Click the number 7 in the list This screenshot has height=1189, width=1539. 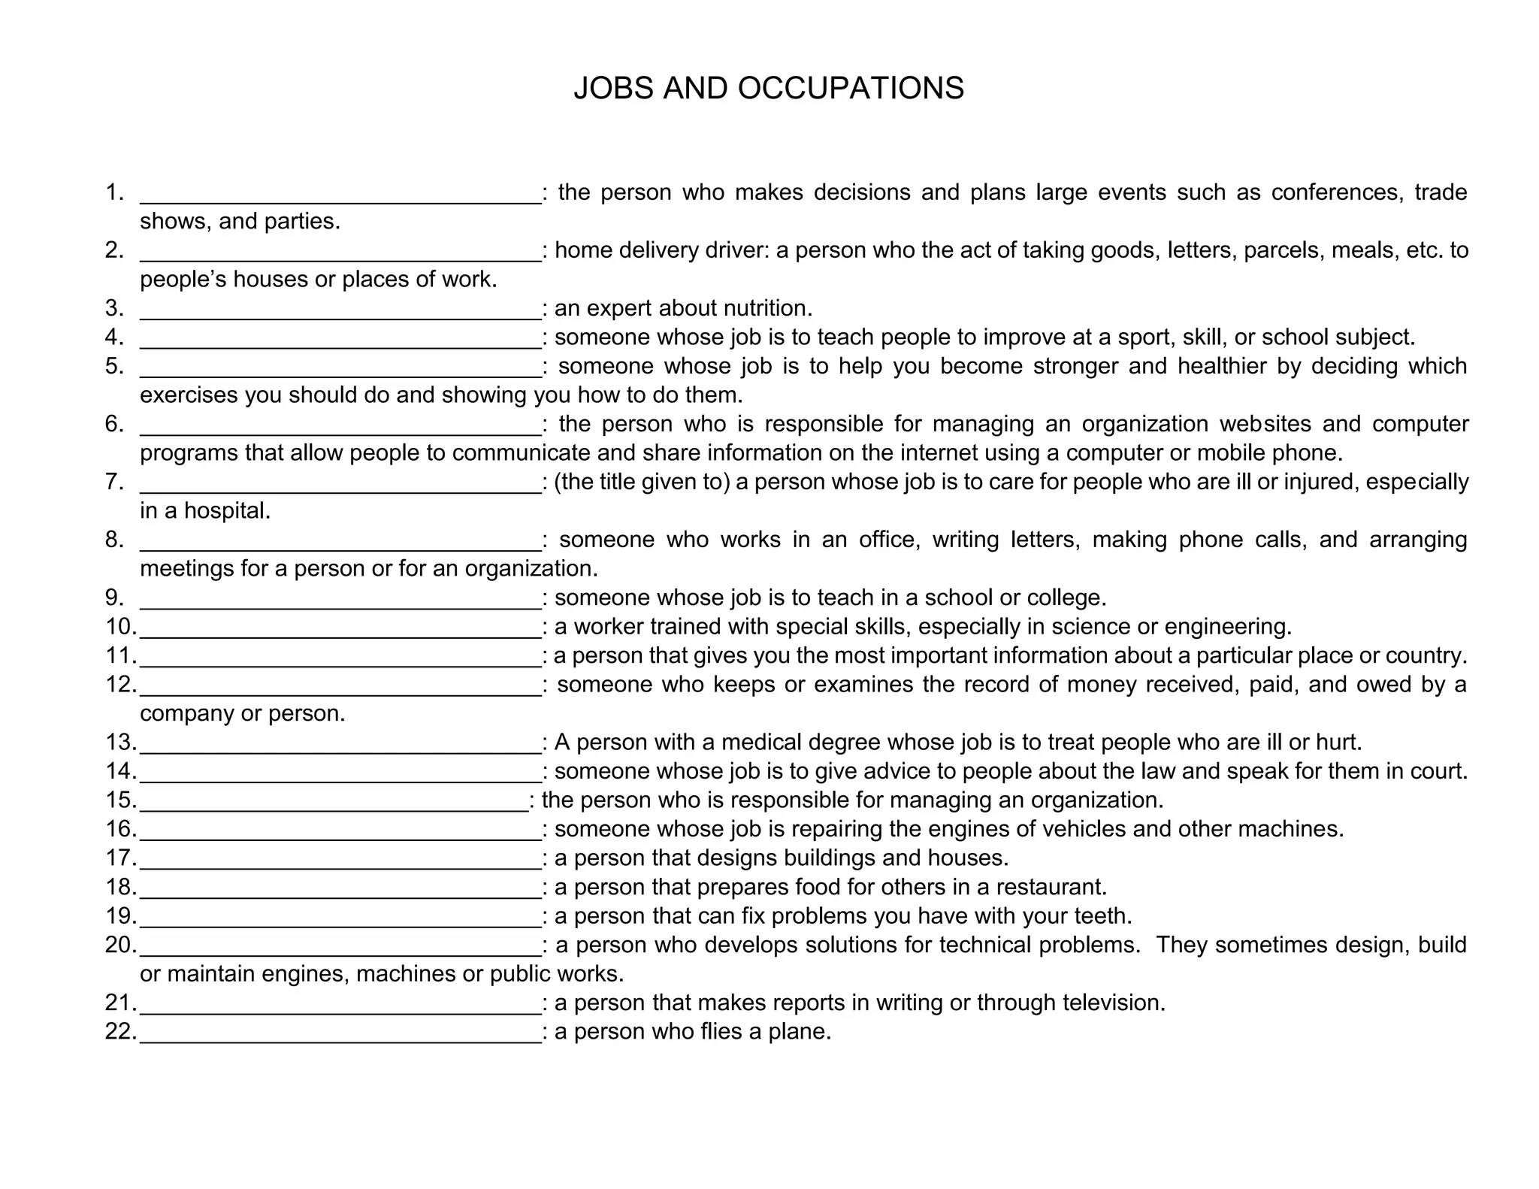(x=113, y=482)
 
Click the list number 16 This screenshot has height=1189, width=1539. (x=120, y=829)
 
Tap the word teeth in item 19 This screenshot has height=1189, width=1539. (x=1102, y=916)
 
